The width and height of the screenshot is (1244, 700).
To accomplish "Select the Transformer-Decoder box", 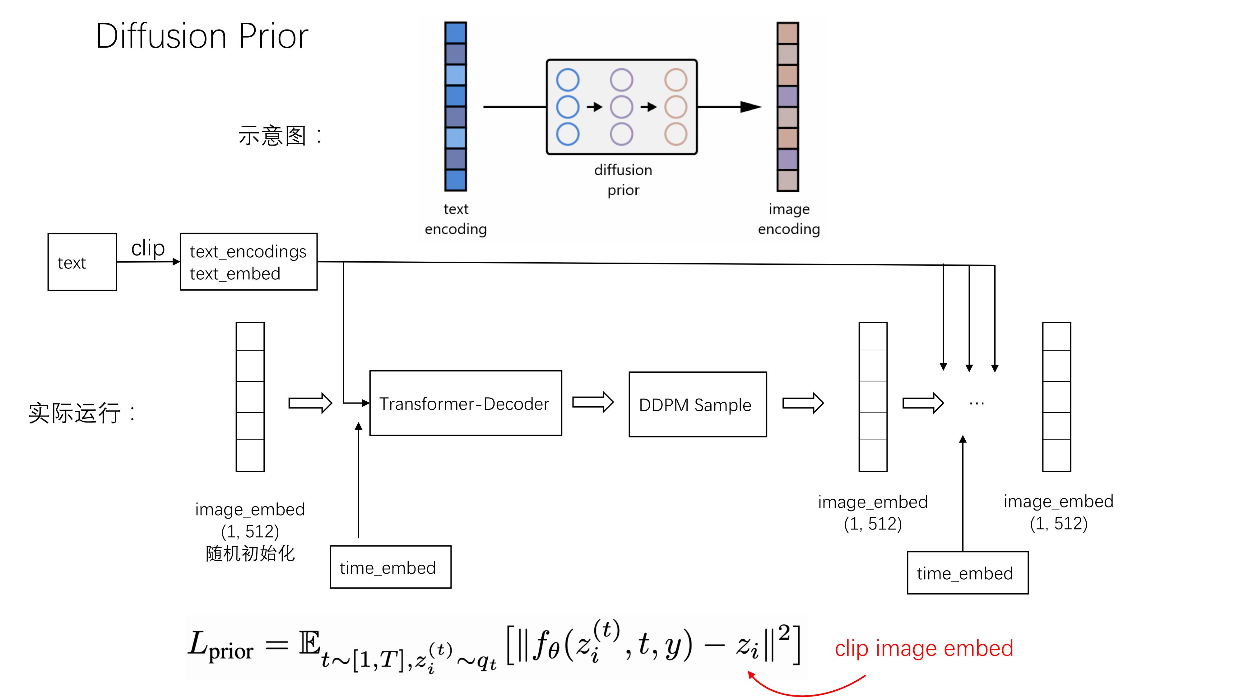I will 465,404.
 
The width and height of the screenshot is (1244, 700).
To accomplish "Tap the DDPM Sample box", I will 697,405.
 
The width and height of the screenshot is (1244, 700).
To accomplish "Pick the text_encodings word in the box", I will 248,252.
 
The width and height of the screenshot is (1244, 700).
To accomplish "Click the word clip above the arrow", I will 148,248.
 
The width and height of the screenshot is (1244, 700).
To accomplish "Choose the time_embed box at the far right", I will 967,573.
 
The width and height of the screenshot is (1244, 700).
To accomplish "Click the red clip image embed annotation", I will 923,648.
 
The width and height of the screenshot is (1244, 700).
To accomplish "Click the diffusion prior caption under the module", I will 623,180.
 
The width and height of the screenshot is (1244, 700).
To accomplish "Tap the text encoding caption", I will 455,219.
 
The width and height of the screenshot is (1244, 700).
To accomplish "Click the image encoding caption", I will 789,219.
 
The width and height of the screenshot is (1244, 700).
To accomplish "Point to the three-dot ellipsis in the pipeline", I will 977,404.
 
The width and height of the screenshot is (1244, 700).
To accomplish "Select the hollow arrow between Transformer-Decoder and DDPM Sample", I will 592,402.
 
